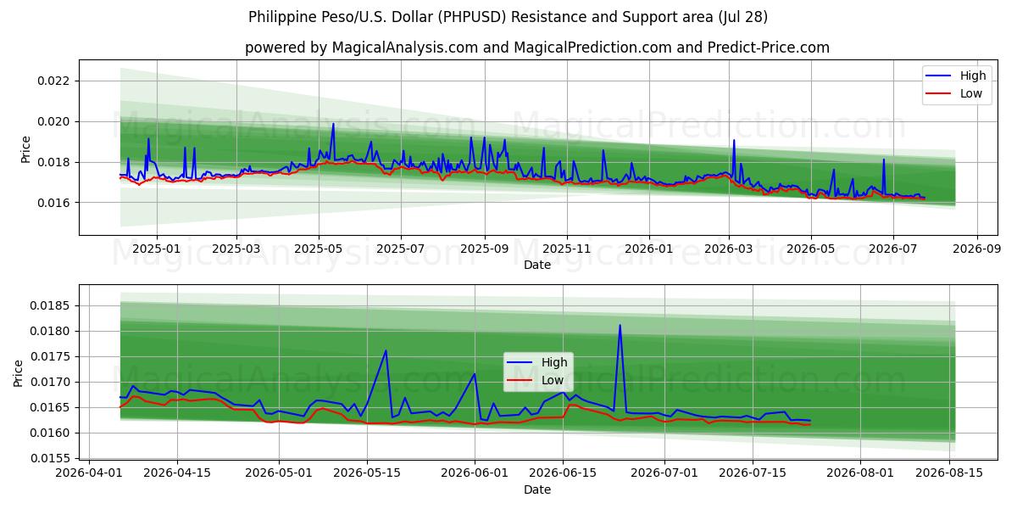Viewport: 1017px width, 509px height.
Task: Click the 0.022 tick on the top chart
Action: [53, 81]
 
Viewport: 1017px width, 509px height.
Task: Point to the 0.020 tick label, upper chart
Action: [53, 122]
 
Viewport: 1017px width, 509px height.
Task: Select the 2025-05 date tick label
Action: [319, 249]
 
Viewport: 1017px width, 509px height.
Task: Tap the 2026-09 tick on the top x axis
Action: [976, 249]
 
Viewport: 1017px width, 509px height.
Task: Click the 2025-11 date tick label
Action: [567, 249]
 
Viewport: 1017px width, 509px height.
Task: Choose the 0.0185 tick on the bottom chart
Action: [50, 305]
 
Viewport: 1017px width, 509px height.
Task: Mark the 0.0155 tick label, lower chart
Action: [50, 458]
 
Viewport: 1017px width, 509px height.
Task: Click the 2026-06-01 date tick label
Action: [475, 473]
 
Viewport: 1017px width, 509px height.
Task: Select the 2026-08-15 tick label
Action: [949, 473]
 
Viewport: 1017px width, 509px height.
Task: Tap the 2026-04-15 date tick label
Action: [177, 473]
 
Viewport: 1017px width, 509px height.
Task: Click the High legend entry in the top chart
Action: [956, 76]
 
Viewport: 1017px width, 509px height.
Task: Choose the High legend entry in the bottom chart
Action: [537, 362]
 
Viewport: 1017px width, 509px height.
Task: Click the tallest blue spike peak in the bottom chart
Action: [620, 325]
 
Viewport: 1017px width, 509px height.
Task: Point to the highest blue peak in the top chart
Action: [333, 124]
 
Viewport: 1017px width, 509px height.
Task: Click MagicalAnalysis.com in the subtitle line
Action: [405, 48]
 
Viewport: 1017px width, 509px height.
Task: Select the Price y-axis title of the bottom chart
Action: [18, 373]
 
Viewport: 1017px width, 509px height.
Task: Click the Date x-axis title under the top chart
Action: [537, 265]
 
